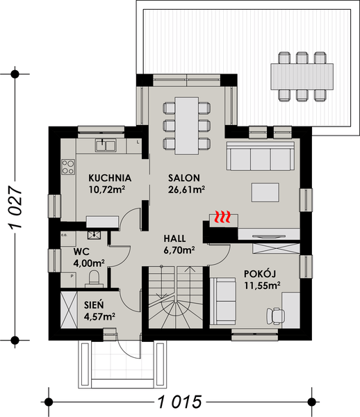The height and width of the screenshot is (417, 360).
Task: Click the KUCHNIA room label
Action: pyautogui.click(x=106, y=178)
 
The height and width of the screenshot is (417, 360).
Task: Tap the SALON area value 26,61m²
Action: pyautogui.click(x=184, y=188)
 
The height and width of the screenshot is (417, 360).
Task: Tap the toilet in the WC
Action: pyautogui.click(x=94, y=277)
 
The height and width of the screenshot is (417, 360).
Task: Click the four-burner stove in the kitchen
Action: pyautogui.click(x=69, y=167)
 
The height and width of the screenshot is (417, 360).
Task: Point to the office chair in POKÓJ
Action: pyautogui.click(x=275, y=315)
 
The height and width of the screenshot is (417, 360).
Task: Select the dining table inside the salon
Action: pyautogui.click(x=186, y=125)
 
